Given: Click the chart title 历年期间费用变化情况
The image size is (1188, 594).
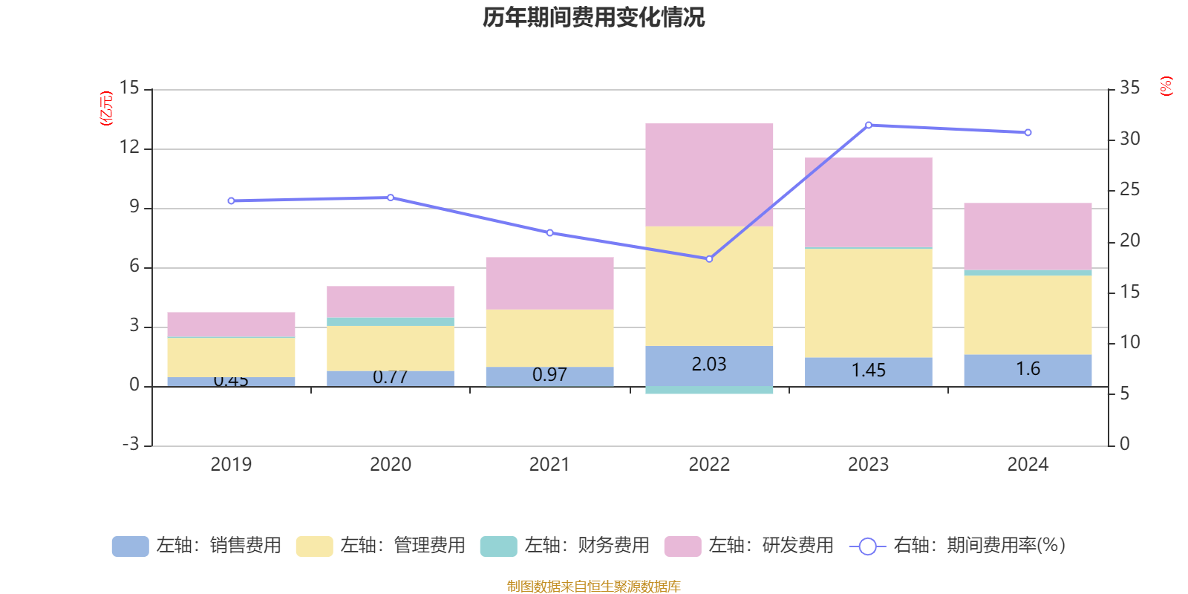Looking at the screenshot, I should tap(593, 17).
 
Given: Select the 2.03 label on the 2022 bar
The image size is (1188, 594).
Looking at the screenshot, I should tap(709, 365).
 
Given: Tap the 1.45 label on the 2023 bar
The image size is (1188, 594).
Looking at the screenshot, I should tap(868, 371).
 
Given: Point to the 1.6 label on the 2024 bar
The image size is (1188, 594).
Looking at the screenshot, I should tap(1028, 369).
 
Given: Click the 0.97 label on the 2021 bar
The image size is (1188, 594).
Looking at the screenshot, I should tap(549, 375).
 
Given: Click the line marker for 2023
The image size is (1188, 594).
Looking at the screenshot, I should tap(869, 125).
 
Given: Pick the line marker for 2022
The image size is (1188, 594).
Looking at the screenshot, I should tap(709, 259).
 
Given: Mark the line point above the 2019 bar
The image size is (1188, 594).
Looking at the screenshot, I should tap(231, 200).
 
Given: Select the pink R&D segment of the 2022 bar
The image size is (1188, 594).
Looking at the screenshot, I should tap(709, 174).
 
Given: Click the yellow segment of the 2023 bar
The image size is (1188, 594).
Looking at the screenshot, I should tap(868, 303).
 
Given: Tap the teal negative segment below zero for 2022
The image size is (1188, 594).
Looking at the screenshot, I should tap(709, 390).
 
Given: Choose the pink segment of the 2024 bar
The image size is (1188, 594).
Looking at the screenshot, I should tap(1028, 236).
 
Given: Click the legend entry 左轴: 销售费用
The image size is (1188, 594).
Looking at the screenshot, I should tap(198, 546).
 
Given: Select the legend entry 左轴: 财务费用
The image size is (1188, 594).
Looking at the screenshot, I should tap(565, 546).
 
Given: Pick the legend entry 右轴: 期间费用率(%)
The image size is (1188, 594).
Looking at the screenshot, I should tap(957, 546).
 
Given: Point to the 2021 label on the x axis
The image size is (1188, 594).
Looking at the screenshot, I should tap(549, 465).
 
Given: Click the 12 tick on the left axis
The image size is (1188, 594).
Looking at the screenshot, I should tap(129, 147).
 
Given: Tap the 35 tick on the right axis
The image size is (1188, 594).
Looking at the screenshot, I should tap(1129, 88).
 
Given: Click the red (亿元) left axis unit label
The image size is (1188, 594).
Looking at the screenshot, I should tap(107, 108).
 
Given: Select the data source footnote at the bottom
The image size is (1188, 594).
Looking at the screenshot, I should tap(593, 586).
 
